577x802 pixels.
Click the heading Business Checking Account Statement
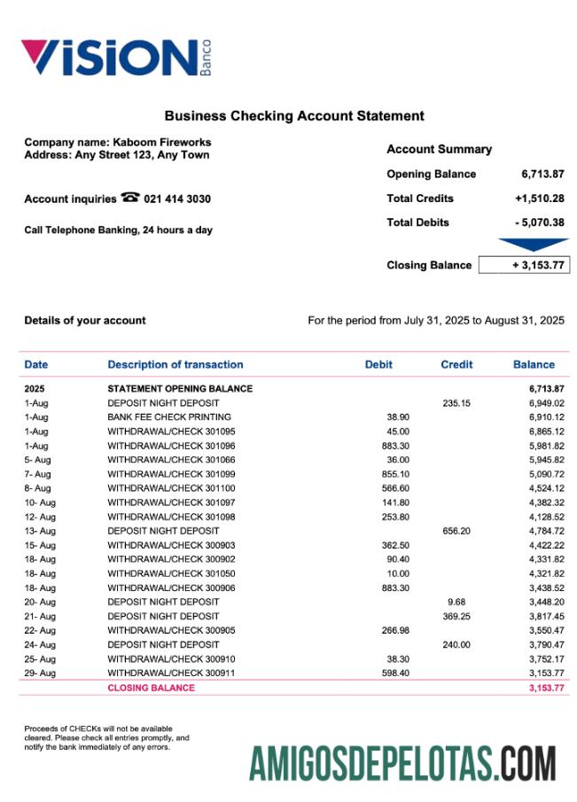[294, 116]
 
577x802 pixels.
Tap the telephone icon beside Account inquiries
[129, 199]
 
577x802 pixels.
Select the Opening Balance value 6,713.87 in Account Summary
[542, 175]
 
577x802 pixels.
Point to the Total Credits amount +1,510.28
[539, 199]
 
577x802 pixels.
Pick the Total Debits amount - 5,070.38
[539, 222]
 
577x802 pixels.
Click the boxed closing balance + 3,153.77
[523, 265]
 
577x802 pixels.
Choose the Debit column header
[378, 364]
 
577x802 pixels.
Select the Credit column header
[456, 364]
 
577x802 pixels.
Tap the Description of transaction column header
[175, 364]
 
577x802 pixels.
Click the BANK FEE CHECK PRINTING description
[169, 417]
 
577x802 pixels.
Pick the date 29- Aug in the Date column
[40, 674]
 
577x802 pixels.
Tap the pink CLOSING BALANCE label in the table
[151, 688]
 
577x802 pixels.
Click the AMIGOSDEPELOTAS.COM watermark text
[402, 764]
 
